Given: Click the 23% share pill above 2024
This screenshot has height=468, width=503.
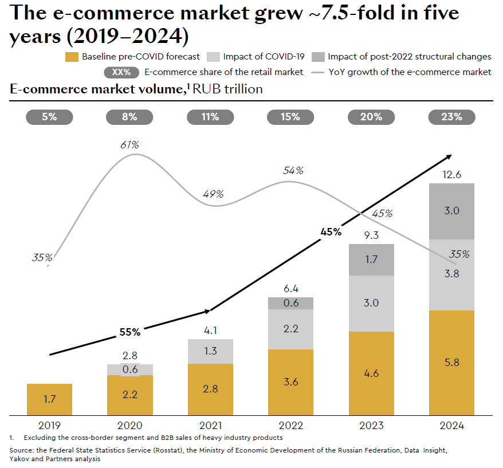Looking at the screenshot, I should point(451,117).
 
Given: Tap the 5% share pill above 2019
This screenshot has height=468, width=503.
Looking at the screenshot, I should point(49,117).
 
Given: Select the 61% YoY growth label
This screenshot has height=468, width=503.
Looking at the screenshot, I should point(129,145).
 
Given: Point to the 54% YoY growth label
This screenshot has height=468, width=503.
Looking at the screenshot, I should point(293,171).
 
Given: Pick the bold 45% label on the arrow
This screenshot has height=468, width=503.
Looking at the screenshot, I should point(331,232).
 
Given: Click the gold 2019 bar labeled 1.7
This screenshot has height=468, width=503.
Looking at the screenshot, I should point(49,399).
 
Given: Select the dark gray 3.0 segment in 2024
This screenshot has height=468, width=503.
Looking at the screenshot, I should point(451,211).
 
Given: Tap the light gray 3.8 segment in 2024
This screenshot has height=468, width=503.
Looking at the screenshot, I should point(451,275).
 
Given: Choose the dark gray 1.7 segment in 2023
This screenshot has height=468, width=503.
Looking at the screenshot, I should point(371,259).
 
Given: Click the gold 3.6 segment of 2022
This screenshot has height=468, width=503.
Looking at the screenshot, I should point(290,382).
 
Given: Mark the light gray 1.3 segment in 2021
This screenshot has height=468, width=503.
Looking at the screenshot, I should point(210,351).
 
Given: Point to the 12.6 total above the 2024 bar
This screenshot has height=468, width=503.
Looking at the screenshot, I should point(451,174).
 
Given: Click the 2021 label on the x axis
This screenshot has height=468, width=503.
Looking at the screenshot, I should point(210,426).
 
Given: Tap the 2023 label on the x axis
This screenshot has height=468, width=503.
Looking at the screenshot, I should point(371,426).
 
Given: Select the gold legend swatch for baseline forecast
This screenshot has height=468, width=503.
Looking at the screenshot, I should point(72,57).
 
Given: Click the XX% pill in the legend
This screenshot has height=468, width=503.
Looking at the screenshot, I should point(121,72).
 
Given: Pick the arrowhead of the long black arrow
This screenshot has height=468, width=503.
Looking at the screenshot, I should point(449,156).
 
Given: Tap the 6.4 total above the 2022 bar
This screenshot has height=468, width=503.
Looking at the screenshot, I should point(290,289).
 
